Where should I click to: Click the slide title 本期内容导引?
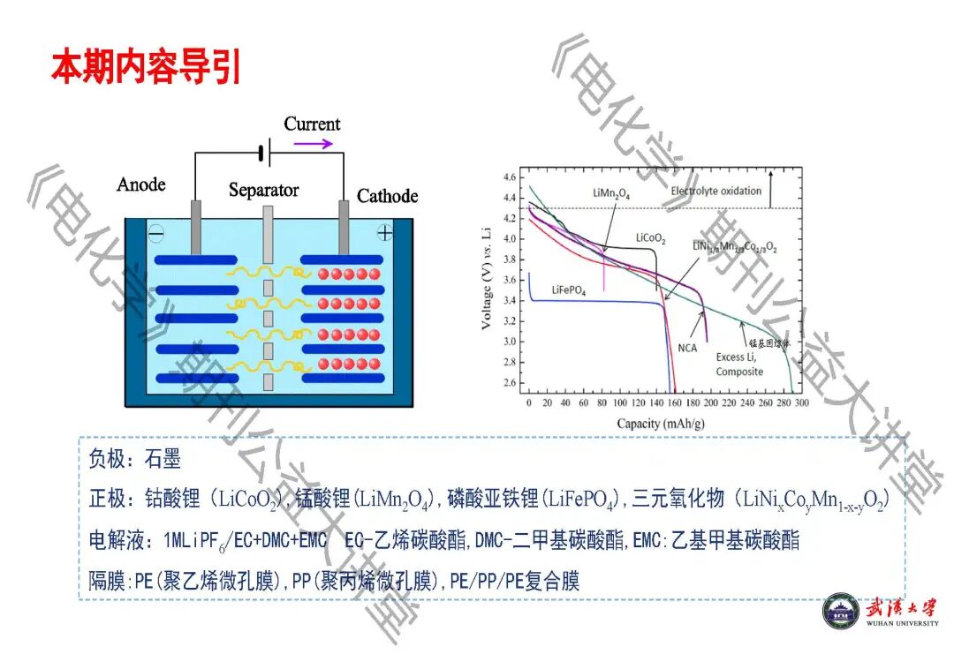146,69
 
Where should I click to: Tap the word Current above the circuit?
312,124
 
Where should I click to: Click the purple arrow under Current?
314,144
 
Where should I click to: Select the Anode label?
141,184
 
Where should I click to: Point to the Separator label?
263,190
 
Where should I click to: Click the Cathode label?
387,196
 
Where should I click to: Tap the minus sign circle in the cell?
156,233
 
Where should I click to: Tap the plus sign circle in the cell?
385,233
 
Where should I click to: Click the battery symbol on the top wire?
262,154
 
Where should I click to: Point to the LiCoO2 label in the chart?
650,238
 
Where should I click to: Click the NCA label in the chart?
687,348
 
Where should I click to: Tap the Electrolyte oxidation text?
715,191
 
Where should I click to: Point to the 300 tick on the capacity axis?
801,403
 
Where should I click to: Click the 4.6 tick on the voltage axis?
508,177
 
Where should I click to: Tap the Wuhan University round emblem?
840,612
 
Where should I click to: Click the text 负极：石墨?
134,459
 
